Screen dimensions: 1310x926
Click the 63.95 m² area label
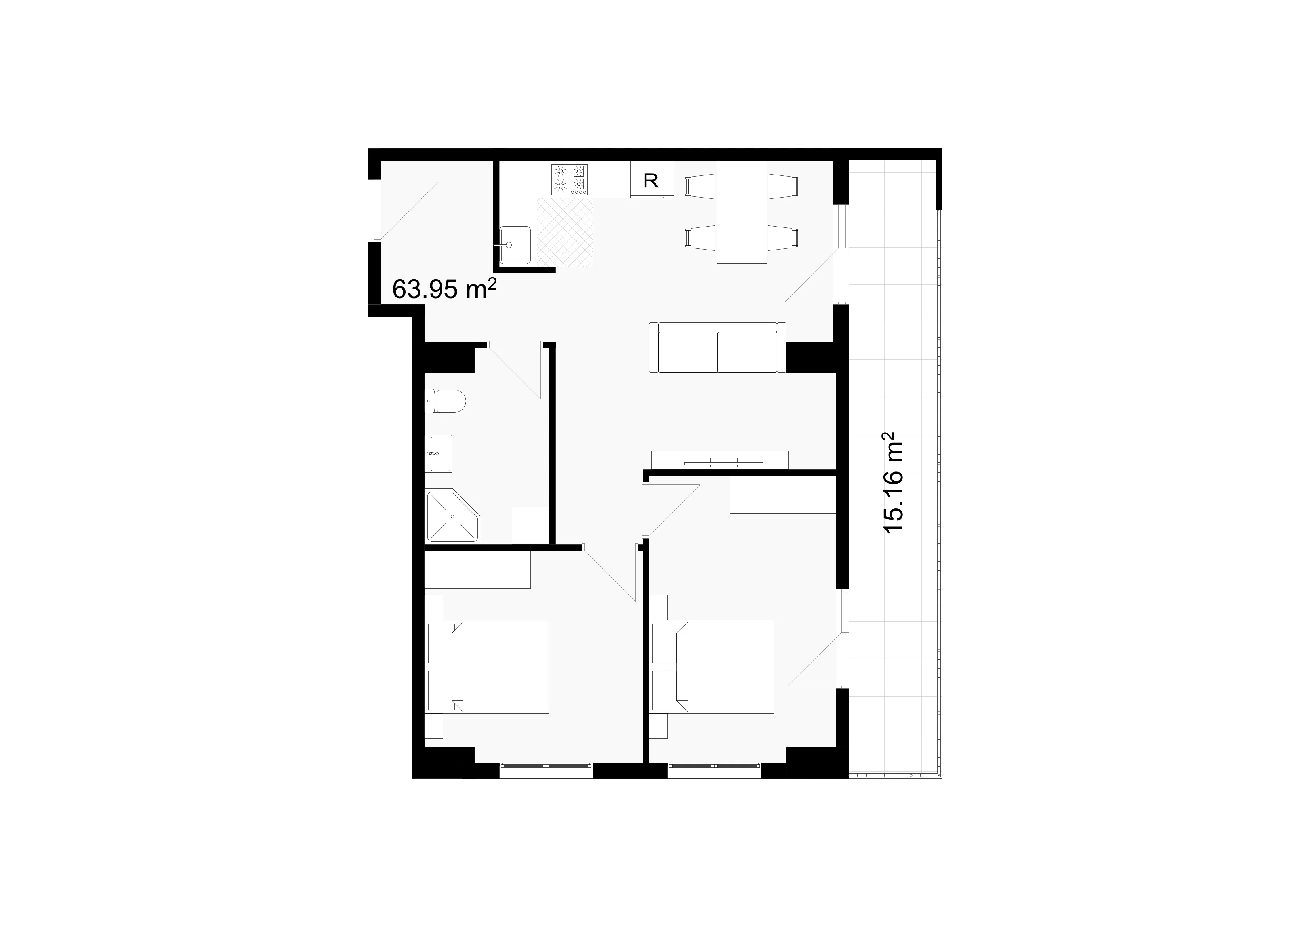click(444, 289)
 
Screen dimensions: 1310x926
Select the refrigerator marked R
click(652, 179)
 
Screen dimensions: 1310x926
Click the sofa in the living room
click(717, 347)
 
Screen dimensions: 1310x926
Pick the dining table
click(741, 212)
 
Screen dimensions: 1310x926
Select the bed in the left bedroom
click(488, 667)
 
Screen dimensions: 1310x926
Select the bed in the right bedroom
click(713, 667)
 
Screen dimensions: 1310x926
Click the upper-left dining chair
click(700, 187)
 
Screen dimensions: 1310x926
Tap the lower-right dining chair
click(783, 238)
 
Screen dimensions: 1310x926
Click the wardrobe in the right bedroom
click(783, 495)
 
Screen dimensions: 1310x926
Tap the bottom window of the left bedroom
click(546, 770)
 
